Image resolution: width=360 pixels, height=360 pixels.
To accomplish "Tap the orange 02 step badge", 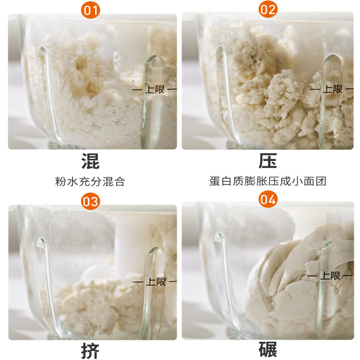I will (268, 10).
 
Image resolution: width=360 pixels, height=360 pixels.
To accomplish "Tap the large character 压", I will (268, 161).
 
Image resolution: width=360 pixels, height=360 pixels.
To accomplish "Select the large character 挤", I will (90, 351).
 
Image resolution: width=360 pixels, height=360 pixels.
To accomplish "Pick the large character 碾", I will (268, 350).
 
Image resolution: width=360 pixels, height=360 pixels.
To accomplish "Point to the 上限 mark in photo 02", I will (332, 89).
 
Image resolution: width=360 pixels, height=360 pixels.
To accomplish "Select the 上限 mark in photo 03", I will (154, 281).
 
